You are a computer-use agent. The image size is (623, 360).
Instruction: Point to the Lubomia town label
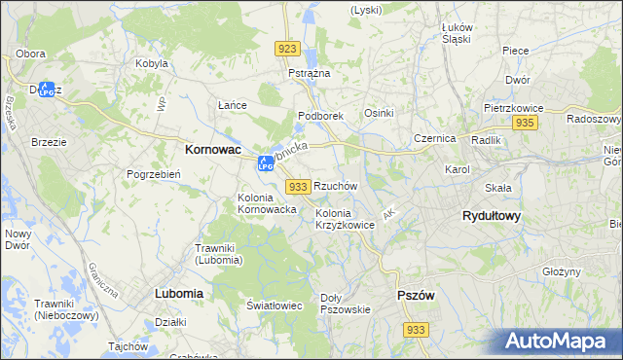click(178, 292)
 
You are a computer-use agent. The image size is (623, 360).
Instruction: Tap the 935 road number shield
click(526, 123)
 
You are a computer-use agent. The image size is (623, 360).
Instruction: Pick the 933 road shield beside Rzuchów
click(299, 186)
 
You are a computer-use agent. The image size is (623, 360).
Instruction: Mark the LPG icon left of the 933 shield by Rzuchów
click(266, 163)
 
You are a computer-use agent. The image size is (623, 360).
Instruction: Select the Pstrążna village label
click(310, 74)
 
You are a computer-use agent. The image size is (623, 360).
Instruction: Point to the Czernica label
click(434, 138)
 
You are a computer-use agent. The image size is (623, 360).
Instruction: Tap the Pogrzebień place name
click(151, 174)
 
